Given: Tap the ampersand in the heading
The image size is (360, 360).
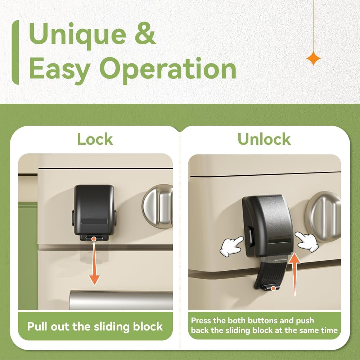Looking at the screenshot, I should pyautogui.click(x=144, y=35).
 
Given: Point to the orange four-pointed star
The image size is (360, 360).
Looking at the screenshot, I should pyautogui.click(x=313, y=58).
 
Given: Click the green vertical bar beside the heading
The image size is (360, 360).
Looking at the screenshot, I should pyautogui.click(x=15, y=53).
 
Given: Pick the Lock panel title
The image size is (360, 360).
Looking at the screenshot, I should pyautogui.click(x=95, y=140).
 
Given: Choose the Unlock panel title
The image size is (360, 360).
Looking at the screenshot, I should pyautogui.click(x=264, y=140).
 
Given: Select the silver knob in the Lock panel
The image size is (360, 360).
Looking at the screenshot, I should pyautogui.click(x=158, y=206).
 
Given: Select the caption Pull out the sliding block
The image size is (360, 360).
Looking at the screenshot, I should pyautogui.click(x=95, y=327).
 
